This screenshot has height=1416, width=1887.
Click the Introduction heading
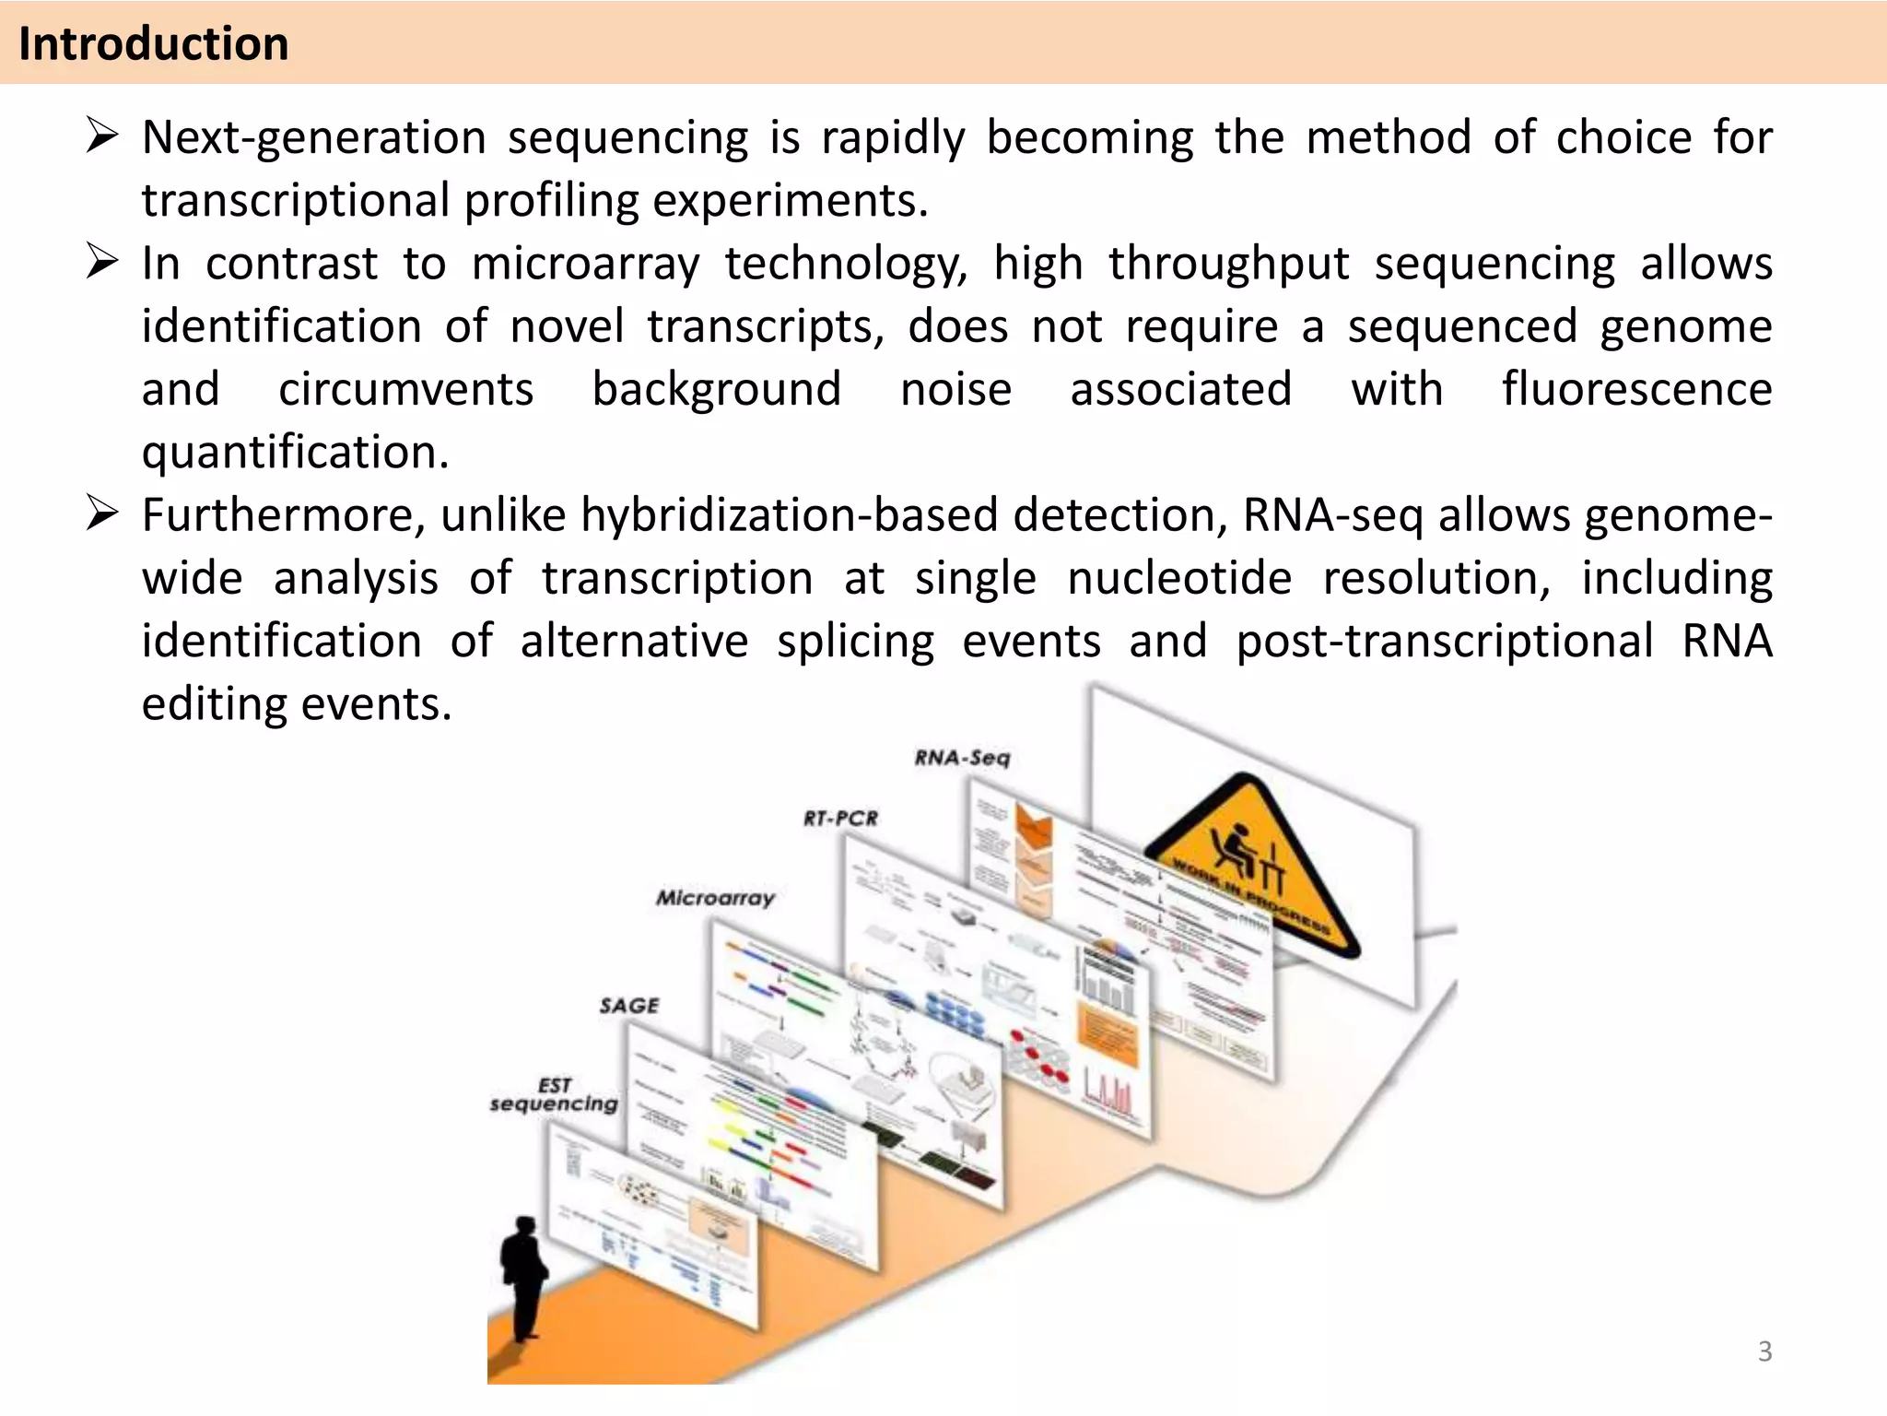point(153,44)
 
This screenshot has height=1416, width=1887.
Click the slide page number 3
point(1764,1351)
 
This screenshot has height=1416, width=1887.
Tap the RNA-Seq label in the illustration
point(962,758)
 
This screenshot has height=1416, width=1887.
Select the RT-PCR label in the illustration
point(840,818)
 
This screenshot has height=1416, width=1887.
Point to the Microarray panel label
point(715,897)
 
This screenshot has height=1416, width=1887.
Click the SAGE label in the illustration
point(629,1005)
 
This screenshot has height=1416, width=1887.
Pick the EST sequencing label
point(554,1094)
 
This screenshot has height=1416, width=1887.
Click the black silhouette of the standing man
point(523,1277)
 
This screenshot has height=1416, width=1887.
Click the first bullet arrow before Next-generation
point(101,136)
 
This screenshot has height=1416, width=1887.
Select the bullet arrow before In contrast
point(101,262)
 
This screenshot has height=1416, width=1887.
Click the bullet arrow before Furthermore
point(101,513)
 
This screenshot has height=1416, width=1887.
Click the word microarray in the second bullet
point(585,264)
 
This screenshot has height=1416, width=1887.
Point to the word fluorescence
point(1636,388)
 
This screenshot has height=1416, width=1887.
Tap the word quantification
point(295,453)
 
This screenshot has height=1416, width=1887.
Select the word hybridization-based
point(789,514)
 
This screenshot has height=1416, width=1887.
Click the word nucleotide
point(1179,578)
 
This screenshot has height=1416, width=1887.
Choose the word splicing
point(855,642)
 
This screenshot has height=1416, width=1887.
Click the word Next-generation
point(313,138)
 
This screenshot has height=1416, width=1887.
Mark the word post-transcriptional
point(1444,641)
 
